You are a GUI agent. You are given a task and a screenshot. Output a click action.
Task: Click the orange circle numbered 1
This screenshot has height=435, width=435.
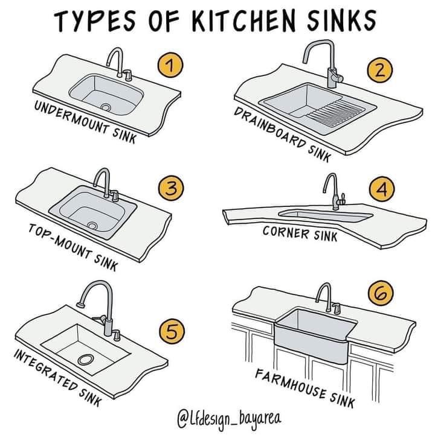click(x=170, y=66)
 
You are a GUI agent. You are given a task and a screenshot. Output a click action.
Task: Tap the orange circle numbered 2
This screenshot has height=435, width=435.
click(x=380, y=70)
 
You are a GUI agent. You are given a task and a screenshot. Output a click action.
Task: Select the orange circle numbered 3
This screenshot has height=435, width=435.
click(x=171, y=188)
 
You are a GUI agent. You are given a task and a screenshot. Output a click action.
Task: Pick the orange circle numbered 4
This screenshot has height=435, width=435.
click(x=382, y=189)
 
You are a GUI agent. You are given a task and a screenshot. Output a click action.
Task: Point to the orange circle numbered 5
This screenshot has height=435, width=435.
click(x=172, y=331)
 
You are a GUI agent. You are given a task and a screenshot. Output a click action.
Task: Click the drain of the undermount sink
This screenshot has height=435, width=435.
click(x=106, y=107)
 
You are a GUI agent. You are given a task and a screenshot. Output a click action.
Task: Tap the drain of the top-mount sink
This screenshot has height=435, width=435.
click(x=92, y=225)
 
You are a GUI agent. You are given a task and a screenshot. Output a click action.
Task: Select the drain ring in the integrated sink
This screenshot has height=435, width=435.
click(x=86, y=360)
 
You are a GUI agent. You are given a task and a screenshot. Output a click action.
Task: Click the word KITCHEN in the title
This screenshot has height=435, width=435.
click(x=243, y=21)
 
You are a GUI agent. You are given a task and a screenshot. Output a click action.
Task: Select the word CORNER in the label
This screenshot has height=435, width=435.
click(x=286, y=232)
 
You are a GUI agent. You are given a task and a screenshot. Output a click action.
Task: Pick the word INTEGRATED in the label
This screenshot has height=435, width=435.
click(x=45, y=369)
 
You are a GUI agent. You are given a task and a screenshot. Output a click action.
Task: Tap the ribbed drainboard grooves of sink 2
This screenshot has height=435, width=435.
click(x=337, y=112)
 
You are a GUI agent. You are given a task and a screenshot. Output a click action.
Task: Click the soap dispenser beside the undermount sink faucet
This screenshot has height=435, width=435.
click(x=128, y=75)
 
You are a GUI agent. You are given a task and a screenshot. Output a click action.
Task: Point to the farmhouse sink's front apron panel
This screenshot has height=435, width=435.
click(x=311, y=345)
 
